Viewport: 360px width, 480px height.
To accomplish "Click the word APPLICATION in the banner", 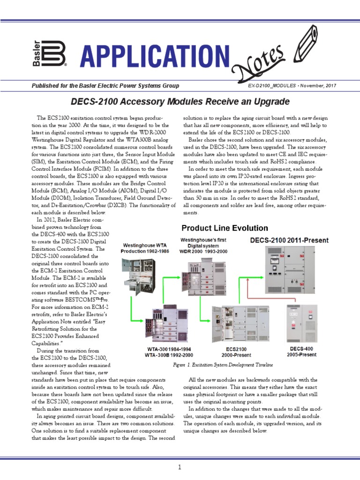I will [x=155, y=56].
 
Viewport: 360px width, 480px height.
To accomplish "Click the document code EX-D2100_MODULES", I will [x=272, y=86].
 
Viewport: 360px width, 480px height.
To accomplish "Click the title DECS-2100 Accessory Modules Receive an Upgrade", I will [x=180, y=102].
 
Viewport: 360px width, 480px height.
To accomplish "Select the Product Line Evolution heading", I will [x=225, y=228].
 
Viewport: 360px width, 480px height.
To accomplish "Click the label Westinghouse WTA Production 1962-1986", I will [x=144, y=248].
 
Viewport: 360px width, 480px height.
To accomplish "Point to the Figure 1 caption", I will [x=223, y=365].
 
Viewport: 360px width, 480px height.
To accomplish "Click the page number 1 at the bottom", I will [x=180, y=467].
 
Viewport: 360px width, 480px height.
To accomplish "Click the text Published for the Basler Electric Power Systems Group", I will [x=105, y=86].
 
